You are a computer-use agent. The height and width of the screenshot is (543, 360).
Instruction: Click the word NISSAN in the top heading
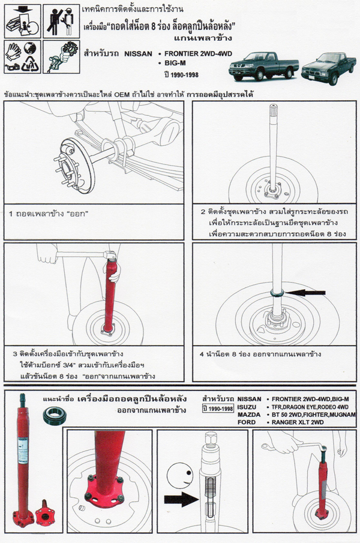pyautogui.click(x=142, y=53)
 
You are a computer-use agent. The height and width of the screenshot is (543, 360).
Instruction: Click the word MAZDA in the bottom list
pyautogui.click(x=248, y=415)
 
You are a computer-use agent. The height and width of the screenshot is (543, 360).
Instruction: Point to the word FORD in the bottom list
pyautogui.click(x=245, y=422)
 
